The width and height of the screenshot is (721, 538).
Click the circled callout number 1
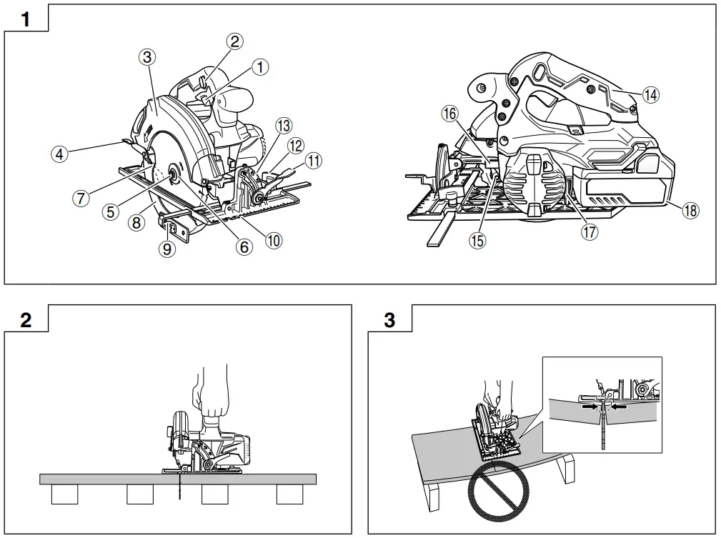pos(262,67)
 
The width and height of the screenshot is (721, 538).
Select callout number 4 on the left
pos(60,154)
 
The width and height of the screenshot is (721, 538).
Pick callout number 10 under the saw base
pos(273,241)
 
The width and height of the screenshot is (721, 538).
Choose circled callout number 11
pos(313,161)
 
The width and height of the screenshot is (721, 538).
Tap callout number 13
pos(284,126)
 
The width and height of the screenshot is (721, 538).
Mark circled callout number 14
pos(650,94)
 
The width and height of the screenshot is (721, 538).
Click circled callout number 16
pos(449,114)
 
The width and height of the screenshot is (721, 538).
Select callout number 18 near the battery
pos(690,210)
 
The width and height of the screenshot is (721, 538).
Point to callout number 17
pos(590,231)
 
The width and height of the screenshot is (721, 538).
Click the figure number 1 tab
pos(26,19)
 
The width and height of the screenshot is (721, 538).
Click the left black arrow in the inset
pos(589,405)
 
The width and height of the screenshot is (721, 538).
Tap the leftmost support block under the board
pos(64,494)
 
